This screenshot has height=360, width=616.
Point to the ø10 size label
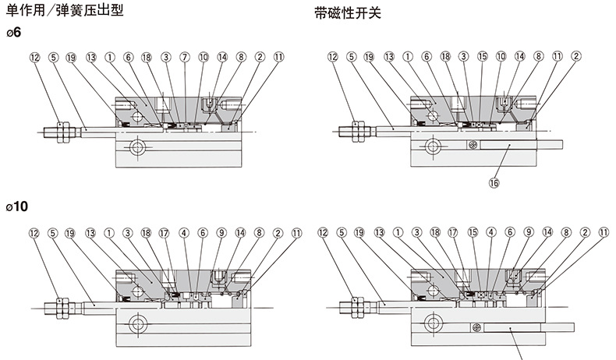21,208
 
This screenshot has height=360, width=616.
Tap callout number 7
185,57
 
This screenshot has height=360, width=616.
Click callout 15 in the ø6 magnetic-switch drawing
483,57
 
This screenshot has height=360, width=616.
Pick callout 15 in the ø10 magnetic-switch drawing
472,232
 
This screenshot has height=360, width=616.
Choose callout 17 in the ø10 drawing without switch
165,232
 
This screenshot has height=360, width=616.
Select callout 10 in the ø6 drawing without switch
204,57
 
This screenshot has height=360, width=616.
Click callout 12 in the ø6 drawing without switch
34,57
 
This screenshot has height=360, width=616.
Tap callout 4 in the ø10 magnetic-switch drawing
491,232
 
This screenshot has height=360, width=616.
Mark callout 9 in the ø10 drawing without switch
221,232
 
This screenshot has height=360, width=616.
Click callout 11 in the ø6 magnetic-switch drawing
557,57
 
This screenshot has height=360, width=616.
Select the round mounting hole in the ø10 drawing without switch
138,322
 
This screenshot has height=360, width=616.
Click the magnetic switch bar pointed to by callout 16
507,146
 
